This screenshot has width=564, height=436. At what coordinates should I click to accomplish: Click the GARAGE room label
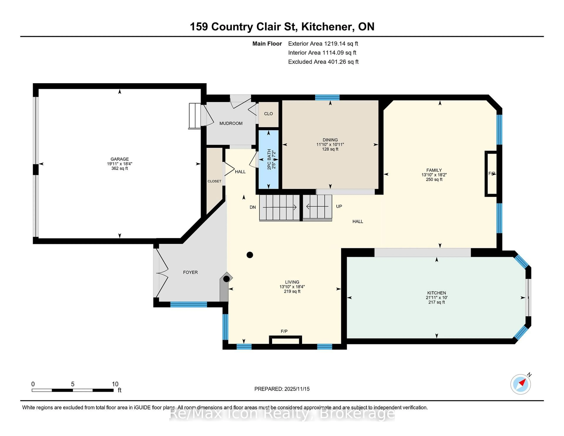pos(120,159)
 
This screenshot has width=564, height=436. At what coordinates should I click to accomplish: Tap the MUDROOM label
pos(231,123)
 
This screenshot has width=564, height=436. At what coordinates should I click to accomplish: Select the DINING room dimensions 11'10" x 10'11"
pos(330,145)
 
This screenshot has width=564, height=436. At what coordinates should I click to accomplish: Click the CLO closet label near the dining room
pos(268,114)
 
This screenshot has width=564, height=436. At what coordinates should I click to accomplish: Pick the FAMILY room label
pos(434,170)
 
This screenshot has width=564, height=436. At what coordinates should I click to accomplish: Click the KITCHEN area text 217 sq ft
pos(436,302)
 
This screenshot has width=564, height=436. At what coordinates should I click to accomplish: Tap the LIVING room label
pos(292,282)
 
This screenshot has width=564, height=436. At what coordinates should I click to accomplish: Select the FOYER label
pos(190,272)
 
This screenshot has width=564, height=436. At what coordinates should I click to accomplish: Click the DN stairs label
pos(253,207)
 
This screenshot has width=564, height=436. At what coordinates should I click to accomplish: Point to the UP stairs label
pos(339,206)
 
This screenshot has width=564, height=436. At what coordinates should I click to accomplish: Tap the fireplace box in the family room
pos(491,174)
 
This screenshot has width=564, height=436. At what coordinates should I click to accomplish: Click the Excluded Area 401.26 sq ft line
pos(323,62)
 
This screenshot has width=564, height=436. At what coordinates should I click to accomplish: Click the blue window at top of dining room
pos(327,97)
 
